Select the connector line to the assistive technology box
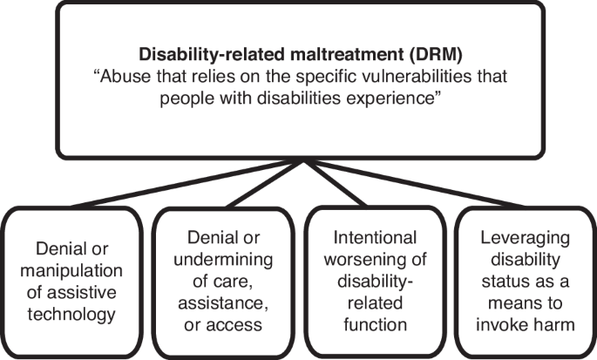[x=187, y=184]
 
